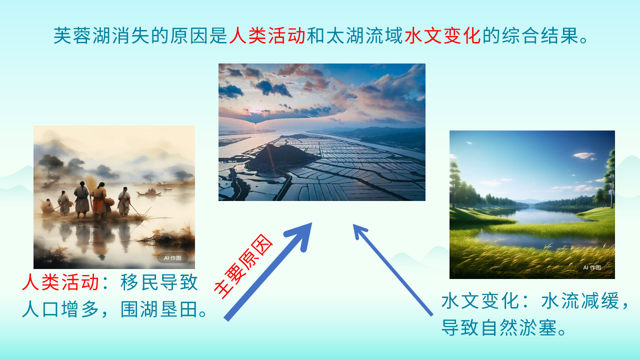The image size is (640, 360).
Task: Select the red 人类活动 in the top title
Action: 267,35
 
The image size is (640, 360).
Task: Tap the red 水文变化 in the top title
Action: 442,35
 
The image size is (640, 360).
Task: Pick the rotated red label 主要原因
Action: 243,266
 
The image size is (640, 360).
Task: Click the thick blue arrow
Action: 268,272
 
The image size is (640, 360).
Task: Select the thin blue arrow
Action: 393,270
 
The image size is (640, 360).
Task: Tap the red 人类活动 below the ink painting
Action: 60,282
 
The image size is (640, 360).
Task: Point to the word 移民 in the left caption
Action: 139,282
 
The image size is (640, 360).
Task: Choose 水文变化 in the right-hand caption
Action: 479,300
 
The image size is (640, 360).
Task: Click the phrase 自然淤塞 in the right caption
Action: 519,327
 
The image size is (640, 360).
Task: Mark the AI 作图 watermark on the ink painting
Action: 172,258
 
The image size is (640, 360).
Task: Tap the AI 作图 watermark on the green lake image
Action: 592,267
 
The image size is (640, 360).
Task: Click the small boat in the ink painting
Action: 149,192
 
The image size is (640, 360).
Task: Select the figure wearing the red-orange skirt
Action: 99,200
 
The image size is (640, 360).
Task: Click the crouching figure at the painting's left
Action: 47,207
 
